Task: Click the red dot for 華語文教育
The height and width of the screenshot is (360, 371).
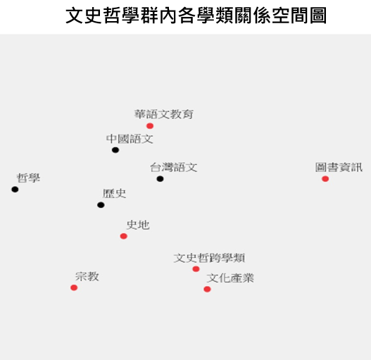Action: (x=150, y=126)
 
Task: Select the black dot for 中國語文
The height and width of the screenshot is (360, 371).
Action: (x=115, y=150)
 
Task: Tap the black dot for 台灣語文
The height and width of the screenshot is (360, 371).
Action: (x=160, y=179)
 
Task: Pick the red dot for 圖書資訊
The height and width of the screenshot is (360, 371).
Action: (x=325, y=179)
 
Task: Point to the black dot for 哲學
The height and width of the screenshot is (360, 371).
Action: (x=15, y=190)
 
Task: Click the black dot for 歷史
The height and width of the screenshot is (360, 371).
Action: (x=101, y=205)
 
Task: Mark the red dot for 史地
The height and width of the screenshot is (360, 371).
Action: (x=123, y=236)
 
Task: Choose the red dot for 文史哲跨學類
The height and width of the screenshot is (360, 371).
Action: (x=196, y=269)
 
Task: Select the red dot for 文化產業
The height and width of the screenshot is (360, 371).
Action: (x=207, y=289)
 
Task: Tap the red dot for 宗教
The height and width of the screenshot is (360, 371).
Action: (x=74, y=287)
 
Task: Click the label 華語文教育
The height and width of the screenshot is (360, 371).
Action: (x=164, y=114)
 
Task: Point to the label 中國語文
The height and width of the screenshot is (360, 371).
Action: (x=130, y=139)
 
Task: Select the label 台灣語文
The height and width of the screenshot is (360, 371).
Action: (x=174, y=168)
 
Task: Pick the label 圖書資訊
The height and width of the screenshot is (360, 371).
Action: (x=339, y=167)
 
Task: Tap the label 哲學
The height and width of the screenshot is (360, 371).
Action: (x=28, y=178)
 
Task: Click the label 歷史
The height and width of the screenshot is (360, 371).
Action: (x=114, y=194)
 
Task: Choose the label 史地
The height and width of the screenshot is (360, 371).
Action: (x=138, y=225)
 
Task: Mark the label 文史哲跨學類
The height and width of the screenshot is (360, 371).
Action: (x=209, y=258)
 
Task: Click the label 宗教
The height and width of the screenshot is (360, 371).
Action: (x=87, y=276)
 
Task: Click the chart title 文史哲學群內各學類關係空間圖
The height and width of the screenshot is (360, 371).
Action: (x=196, y=15)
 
